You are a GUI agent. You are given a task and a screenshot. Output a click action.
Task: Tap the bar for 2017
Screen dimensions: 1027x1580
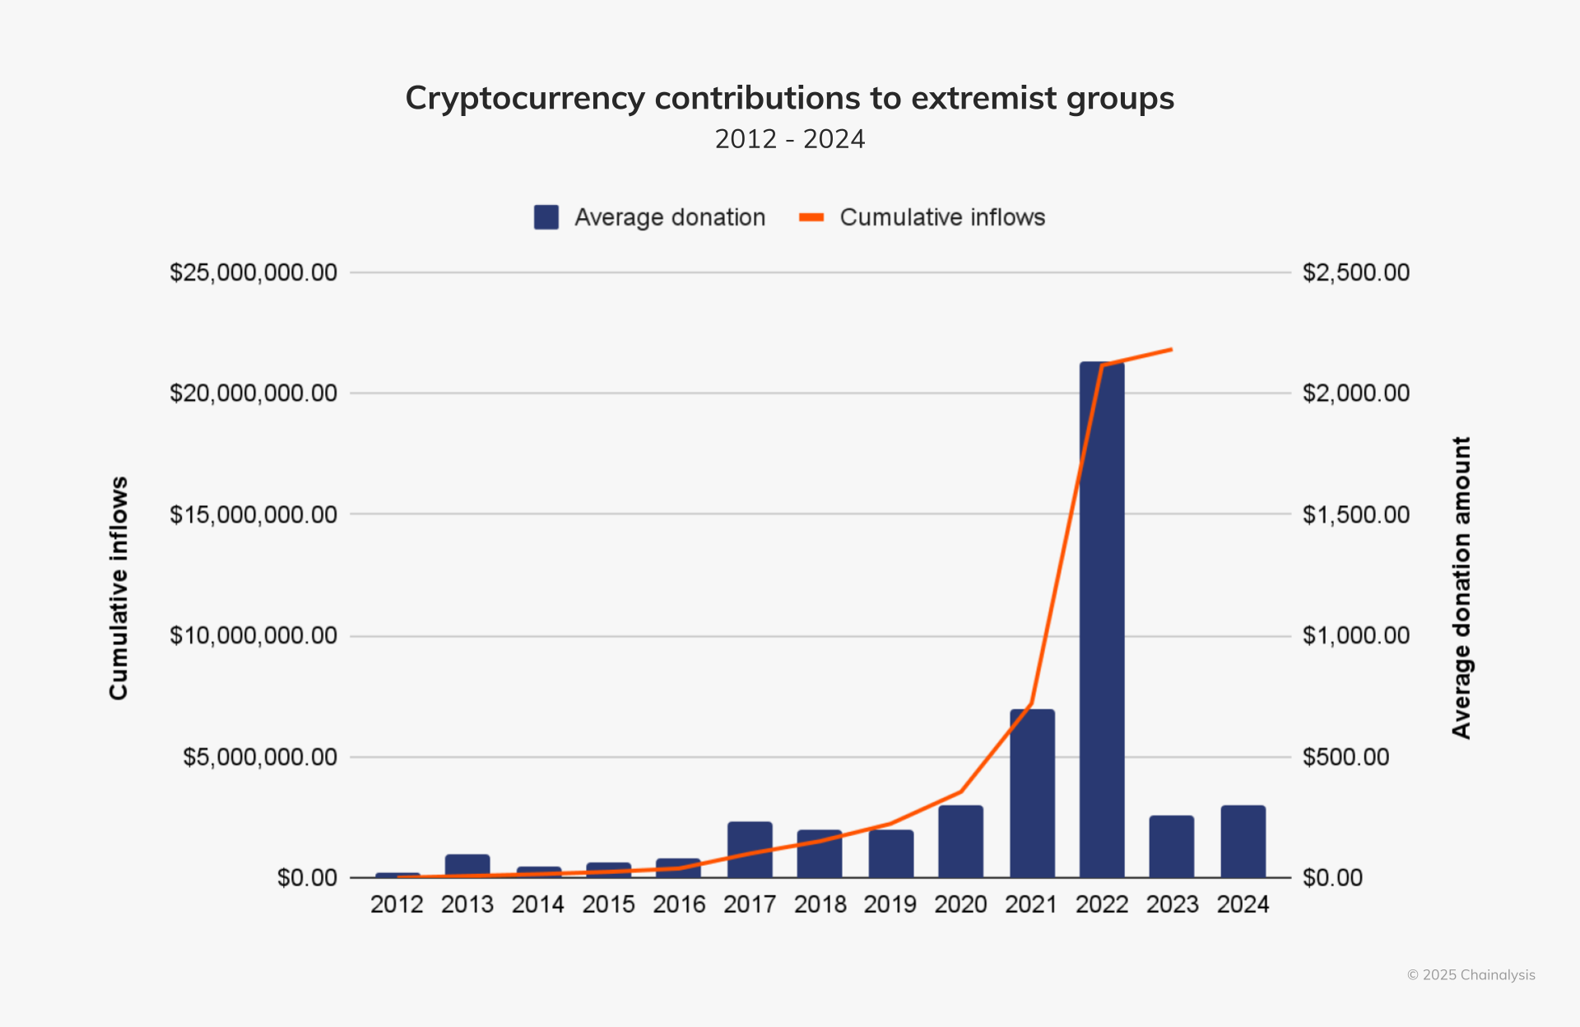(x=750, y=849)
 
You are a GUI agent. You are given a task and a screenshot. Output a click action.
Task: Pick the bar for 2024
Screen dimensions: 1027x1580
(x=1243, y=841)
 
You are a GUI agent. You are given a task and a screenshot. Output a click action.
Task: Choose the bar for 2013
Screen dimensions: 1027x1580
(x=467, y=866)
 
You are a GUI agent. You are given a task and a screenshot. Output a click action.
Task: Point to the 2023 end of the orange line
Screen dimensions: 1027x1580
(x=1171, y=350)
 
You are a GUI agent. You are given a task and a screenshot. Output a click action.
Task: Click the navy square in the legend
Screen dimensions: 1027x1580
(x=546, y=217)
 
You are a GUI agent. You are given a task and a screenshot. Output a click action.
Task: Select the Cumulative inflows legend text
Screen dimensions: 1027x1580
(x=942, y=217)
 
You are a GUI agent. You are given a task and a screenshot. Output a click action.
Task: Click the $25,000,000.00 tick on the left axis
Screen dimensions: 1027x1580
(x=253, y=272)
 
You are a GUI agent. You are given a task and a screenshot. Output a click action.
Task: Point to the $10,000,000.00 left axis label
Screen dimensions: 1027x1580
(x=253, y=635)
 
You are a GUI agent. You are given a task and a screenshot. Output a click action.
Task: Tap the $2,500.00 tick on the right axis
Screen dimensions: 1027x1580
(x=1355, y=272)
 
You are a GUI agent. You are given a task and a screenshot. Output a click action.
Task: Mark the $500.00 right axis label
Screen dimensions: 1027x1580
(x=1345, y=757)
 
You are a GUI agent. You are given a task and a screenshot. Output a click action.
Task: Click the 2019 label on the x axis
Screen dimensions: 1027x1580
(x=890, y=904)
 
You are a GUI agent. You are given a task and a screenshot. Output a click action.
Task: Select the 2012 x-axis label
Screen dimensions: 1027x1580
(x=397, y=904)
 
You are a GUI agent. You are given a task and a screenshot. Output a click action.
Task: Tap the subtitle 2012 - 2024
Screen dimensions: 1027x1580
(x=790, y=139)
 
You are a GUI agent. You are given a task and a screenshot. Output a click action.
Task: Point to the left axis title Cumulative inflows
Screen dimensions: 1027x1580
(x=119, y=588)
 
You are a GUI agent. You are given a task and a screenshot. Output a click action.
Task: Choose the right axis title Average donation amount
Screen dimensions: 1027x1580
(x=1461, y=588)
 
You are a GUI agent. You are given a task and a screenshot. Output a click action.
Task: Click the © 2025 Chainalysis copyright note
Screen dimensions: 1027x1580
(x=1471, y=975)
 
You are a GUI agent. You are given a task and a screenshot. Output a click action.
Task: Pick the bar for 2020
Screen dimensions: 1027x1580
(x=960, y=841)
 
